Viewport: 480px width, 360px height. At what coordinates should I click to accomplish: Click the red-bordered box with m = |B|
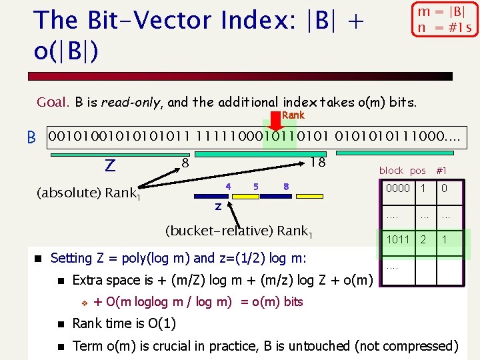tap(445, 19)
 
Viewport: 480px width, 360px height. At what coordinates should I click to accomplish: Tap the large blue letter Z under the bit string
tap(110, 164)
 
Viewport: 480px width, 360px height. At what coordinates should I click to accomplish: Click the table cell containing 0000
tap(398, 189)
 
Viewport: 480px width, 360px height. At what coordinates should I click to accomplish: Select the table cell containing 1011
tap(398, 239)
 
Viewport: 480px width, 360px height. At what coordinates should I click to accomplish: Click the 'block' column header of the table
tap(391, 171)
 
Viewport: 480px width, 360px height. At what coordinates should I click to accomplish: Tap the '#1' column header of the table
tap(441, 171)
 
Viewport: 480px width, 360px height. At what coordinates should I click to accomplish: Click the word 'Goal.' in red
tap(53, 103)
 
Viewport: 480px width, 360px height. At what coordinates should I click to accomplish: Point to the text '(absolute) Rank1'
tap(88, 193)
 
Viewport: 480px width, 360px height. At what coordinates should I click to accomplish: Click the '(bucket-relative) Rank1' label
tap(239, 231)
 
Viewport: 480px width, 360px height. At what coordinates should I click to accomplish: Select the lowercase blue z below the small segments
tap(218, 207)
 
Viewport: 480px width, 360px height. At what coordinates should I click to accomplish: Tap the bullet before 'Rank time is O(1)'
tap(60, 324)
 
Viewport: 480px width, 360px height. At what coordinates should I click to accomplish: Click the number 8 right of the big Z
tap(186, 162)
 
